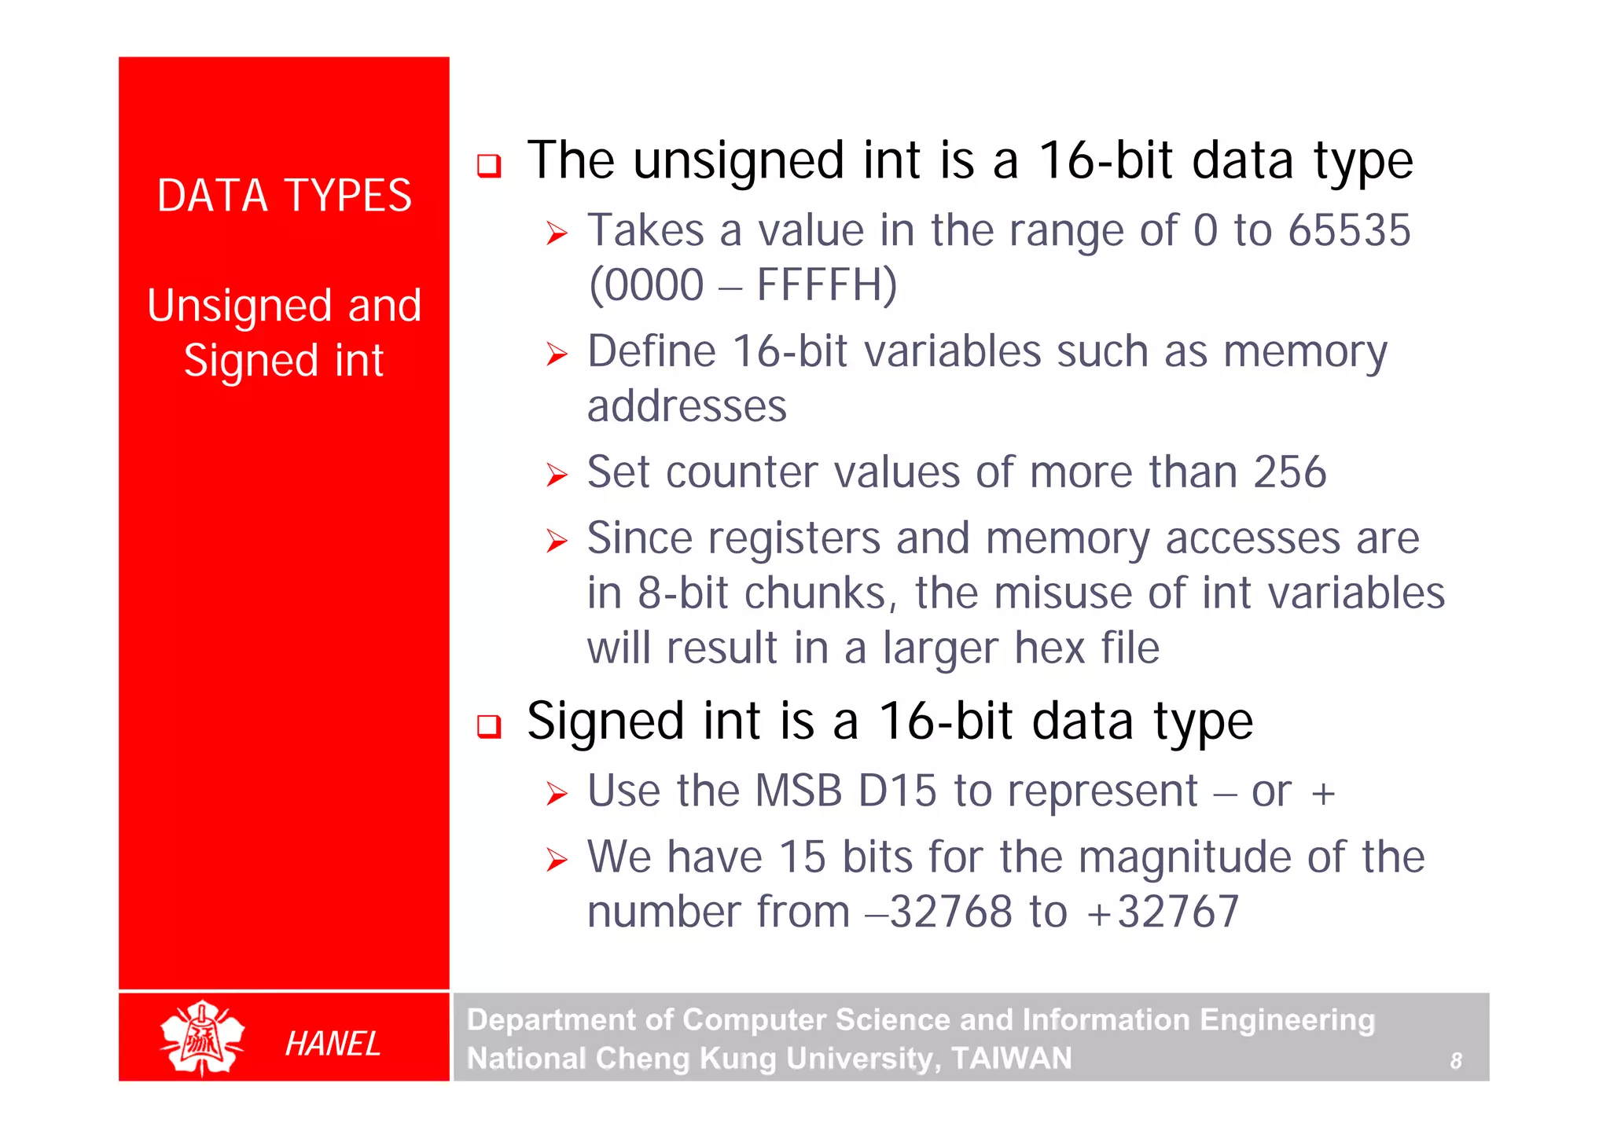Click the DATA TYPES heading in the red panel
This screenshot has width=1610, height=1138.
[284, 196]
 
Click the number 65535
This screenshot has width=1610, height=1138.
[1349, 231]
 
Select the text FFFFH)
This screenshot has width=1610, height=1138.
[826, 285]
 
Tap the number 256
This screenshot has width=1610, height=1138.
[1289, 472]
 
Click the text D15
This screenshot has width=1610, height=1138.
[897, 791]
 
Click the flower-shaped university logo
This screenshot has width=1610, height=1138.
[202, 1037]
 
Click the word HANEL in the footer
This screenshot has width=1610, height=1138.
[333, 1044]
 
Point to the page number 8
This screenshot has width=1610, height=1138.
[1455, 1061]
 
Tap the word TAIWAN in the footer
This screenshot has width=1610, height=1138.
[1011, 1059]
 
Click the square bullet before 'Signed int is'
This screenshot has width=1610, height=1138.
[489, 725]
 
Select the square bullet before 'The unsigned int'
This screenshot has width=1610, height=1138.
[489, 165]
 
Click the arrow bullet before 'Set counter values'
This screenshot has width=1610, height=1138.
[557, 475]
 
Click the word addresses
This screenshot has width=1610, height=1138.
[686, 407]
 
